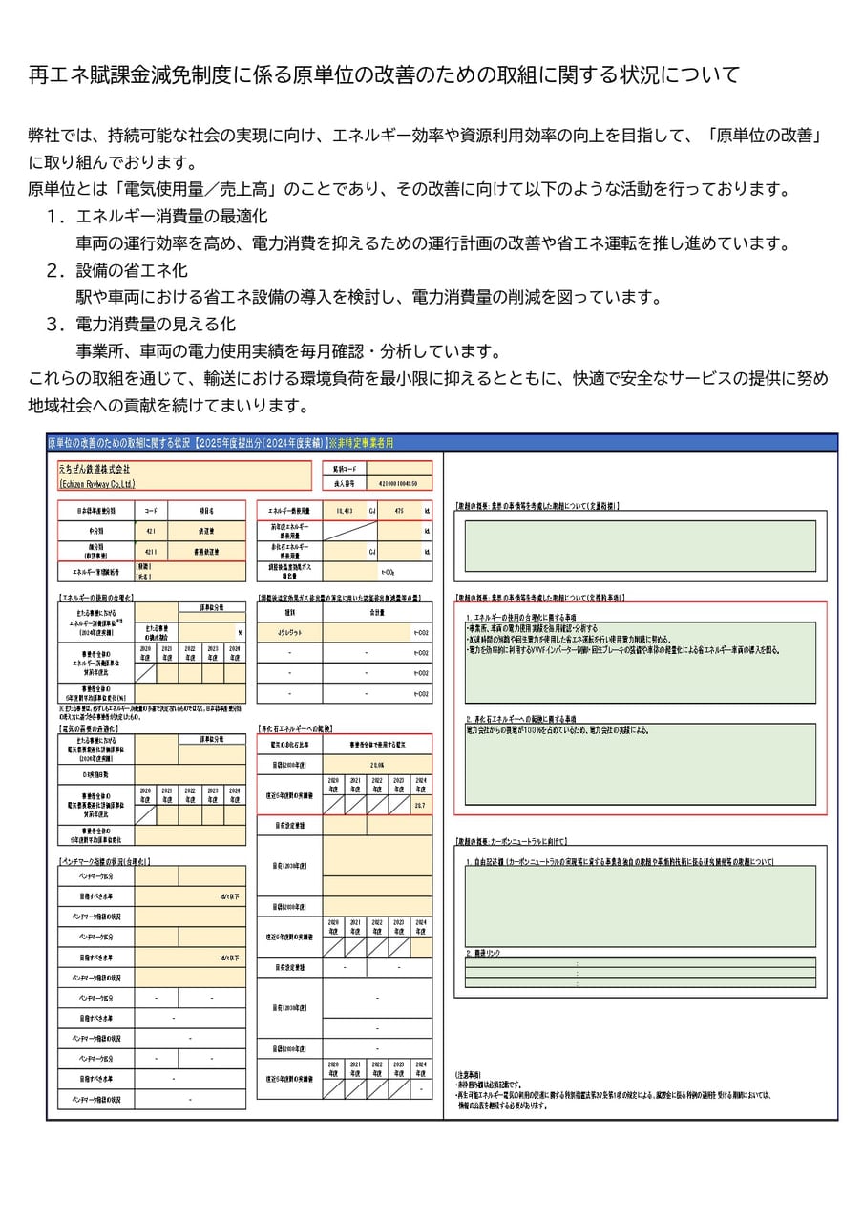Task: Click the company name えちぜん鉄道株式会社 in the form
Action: click(95, 470)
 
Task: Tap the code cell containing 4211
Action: click(150, 552)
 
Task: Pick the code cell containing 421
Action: click(150, 532)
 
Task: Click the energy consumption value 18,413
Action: click(344, 511)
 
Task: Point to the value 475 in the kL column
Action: click(399, 511)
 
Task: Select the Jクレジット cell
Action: click(289, 632)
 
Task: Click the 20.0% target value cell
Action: click(376, 765)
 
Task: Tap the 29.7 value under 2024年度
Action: click(420, 806)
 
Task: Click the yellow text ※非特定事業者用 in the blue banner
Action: click(361, 443)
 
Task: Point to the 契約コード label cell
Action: click(344, 470)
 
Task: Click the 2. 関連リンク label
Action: click(482, 953)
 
